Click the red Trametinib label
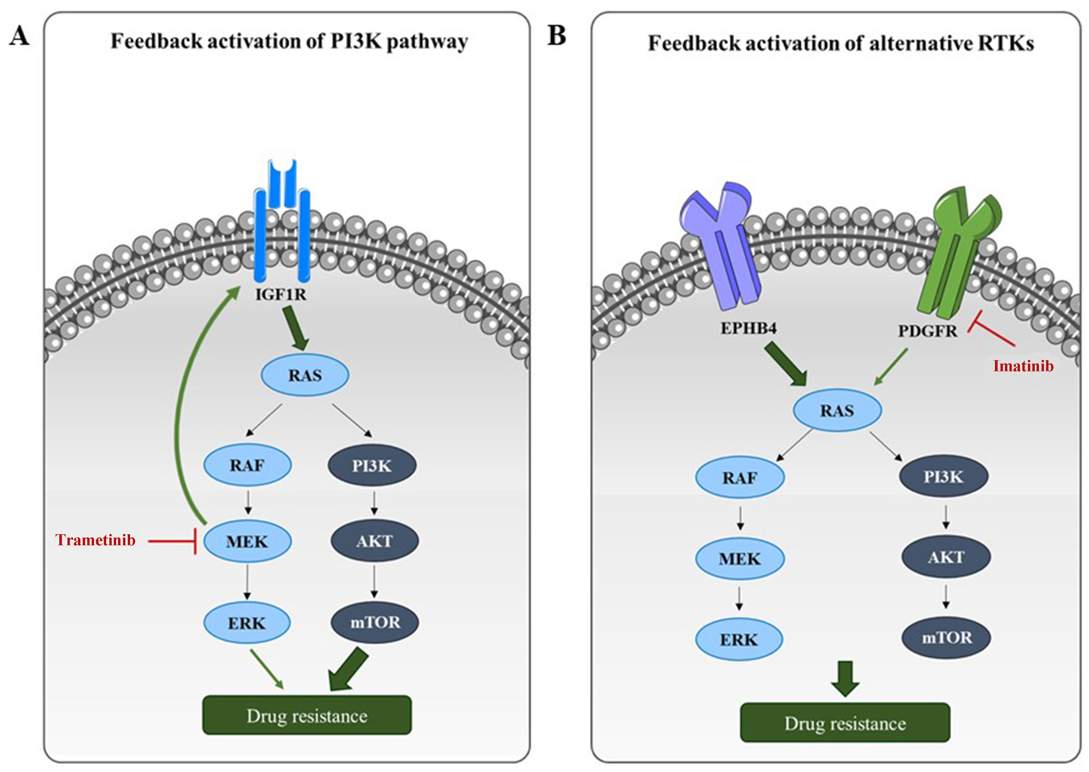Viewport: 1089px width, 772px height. (95, 540)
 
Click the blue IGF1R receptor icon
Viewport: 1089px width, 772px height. (282, 224)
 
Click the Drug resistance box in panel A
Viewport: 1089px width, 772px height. (307, 715)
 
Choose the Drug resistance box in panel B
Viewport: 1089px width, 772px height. (845, 722)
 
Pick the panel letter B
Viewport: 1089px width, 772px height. (557, 36)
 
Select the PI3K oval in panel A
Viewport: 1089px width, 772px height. (372, 466)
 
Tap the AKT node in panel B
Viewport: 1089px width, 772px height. (946, 557)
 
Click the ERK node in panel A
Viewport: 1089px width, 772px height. (247, 623)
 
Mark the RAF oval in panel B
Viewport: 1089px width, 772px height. (739, 477)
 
